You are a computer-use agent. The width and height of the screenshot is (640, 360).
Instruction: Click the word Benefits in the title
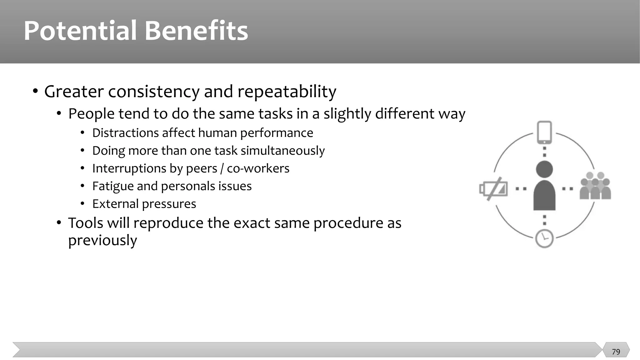[x=196, y=31]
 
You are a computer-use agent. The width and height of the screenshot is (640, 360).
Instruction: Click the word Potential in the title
[x=80, y=31]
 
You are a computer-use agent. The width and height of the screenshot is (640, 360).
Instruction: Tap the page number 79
[x=616, y=352]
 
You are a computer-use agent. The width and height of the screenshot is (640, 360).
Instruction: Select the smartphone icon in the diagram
[x=544, y=132]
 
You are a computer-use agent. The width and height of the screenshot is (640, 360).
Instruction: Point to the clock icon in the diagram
[x=544, y=239]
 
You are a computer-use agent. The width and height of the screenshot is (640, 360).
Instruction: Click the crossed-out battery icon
[x=494, y=189]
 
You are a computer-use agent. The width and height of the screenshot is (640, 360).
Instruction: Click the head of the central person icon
[x=544, y=169]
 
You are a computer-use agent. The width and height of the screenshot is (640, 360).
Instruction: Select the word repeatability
[x=287, y=92]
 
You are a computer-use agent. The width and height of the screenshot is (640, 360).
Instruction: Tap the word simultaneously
[x=282, y=151]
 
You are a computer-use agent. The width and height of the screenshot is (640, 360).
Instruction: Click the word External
[x=115, y=204]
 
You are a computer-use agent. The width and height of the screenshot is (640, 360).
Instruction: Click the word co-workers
[x=258, y=168]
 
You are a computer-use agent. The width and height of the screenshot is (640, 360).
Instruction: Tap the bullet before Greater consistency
[x=35, y=91]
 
